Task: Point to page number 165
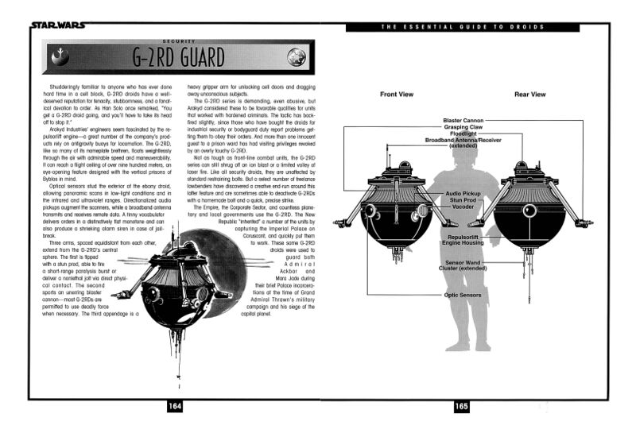pyautogui.click(x=461, y=407)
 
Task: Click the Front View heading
pyautogui.click(x=396, y=95)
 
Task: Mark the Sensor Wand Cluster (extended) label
pyautogui.click(x=461, y=265)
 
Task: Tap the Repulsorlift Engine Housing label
pyautogui.click(x=461, y=241)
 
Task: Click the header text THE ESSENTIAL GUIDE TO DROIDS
pyautogui.click(x=463, y=27)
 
